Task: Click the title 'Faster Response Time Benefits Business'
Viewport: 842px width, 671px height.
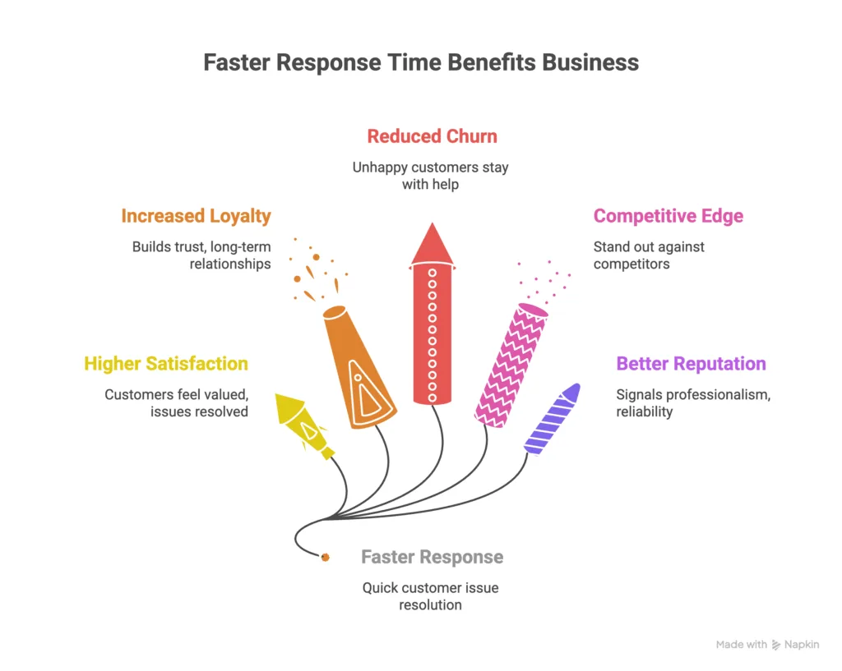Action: click(x=421, y=63)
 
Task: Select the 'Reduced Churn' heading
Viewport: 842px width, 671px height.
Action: click(x=432, y=136)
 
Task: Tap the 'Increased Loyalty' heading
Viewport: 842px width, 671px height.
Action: click(x=196, y=216)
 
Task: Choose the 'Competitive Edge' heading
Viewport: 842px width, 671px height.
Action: click(x=669, y=216)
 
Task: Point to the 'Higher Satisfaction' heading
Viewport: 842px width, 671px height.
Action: click(x=166, y=363)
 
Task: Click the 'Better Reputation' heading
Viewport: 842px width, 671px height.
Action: click(x=691, y=363)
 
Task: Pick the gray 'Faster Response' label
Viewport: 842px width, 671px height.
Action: click(x=432, y=557)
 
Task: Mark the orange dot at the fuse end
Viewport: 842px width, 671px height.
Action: click(x=326, y=558)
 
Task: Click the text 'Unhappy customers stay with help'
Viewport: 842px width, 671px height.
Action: click(x=431, y=176)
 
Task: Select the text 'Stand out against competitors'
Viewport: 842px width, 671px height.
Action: click(x=649, y=255)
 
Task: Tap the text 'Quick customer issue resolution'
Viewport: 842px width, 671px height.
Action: click(x=431, y=596)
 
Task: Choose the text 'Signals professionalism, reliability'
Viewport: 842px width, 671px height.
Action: click(x=693, y=402)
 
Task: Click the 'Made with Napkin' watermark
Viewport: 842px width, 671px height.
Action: click(x=766, y=645)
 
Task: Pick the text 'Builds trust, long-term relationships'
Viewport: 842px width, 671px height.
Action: click(x=201, y=255)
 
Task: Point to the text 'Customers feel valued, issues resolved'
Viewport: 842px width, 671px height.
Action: click(x=176, y=402)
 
